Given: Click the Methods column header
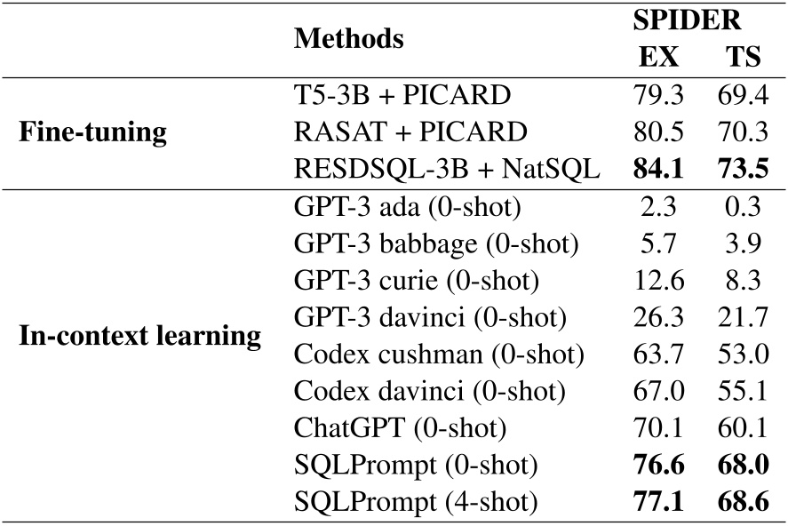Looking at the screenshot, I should coord(349,38).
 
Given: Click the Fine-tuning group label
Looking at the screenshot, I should coord(94,134).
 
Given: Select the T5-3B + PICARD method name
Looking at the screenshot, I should coord(401,96).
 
